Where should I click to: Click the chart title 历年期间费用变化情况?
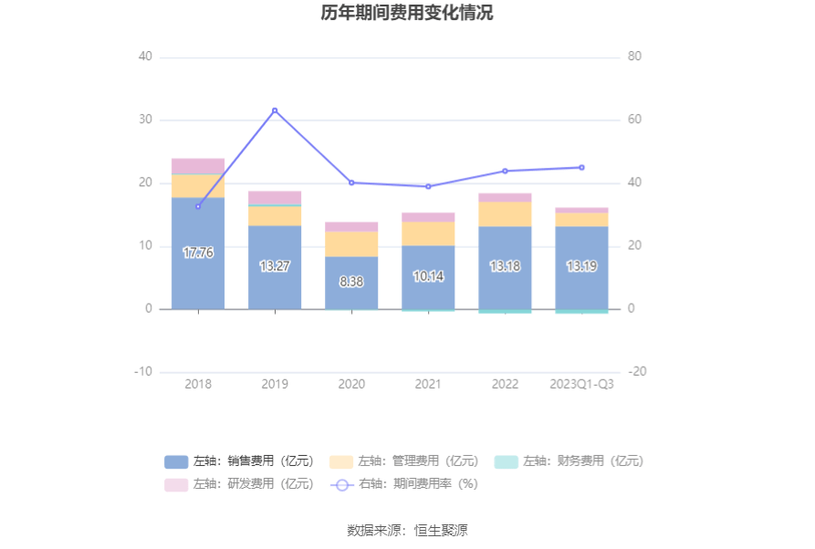click(x=407, y=13)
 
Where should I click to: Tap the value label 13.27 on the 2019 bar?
click(x=275, y=266)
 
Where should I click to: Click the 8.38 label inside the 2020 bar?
click(x=351, y=282)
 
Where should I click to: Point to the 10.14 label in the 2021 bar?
click(x=428, y=276)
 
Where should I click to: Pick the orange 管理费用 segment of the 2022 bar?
click(x=505, y=213)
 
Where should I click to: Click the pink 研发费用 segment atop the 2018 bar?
click(x=198, y=165)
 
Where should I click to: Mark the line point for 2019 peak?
click(x=275, y=110)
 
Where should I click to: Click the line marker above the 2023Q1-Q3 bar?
click(x=581, y=167)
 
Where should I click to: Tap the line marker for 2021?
click(x=428, y=186)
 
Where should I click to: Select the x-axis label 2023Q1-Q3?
click(x=581, y=384)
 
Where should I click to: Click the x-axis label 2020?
click(x=351, y=384)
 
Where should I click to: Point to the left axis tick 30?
click(x=144, y=119)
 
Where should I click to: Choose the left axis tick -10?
click(x=143, y=372)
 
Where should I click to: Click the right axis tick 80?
click(x=635, y=57)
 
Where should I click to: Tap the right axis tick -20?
click(x=637, y=372)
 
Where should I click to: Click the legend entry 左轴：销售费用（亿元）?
click(x=240, y=461)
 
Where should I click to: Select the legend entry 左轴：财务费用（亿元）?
click(x=569, y=461)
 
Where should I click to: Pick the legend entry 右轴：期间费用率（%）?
click(x=404, y=484)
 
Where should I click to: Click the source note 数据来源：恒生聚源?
click(x=407, y=530)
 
